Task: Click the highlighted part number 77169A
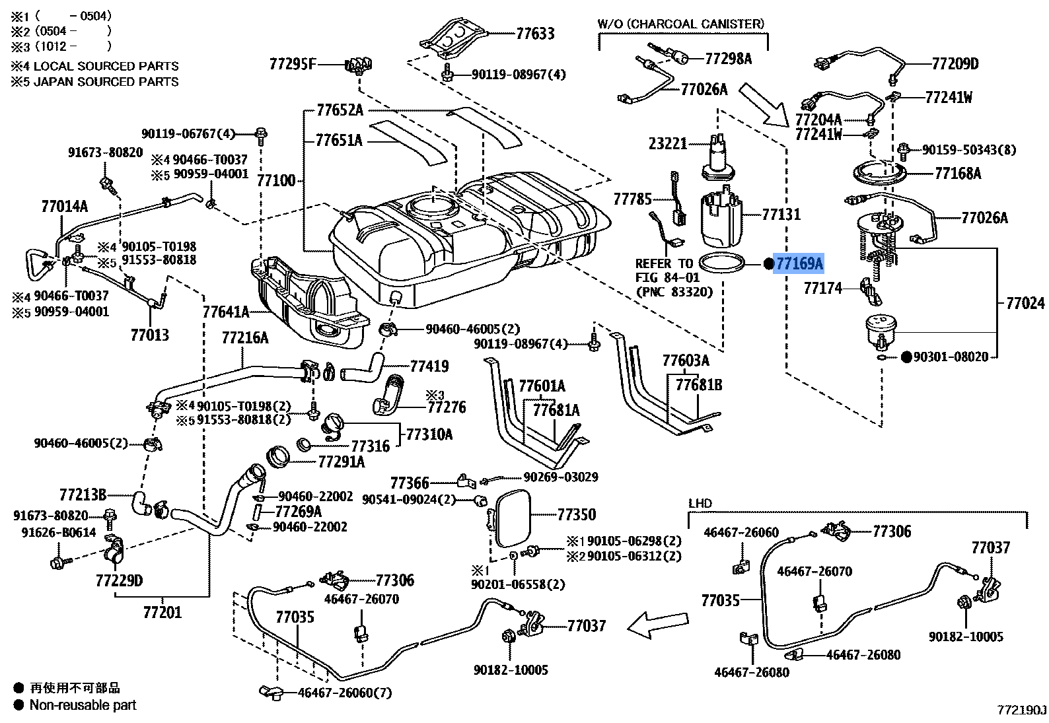pos(799,263)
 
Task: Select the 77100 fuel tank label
pos(276,180)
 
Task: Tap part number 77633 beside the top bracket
pos(535,34)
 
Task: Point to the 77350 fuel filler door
pos(513,518)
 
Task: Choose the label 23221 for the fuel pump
pos(668,143)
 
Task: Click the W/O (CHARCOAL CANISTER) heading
pos(680,24)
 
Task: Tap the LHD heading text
pos(700,504)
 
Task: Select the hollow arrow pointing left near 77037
pos(657,625)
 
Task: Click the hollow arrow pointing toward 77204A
pos(765,105)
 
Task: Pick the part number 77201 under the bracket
pos(162,612)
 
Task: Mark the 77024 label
pos(1025,303)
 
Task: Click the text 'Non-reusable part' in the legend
pos(83,705)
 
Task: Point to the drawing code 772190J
pos(1022,710)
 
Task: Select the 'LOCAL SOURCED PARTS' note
pos(106,66)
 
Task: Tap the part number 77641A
pos(226,312)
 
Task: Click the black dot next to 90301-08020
pos(906,357)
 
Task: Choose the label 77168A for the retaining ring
pos(958,174)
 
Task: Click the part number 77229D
pos(120,580)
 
